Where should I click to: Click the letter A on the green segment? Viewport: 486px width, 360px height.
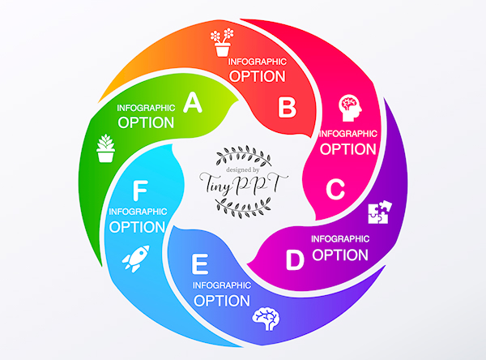192,102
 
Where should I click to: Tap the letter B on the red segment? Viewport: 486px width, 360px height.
288,106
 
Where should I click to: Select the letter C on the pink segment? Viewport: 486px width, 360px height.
336,190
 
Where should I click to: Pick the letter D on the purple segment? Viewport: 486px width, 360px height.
295,259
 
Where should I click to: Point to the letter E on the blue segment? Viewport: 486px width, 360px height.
199,264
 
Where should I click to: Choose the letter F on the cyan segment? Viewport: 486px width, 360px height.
140,191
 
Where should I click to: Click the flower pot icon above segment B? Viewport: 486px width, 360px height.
222,43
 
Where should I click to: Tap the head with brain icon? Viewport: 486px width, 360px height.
350,106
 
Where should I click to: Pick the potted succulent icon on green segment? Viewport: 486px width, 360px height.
104,148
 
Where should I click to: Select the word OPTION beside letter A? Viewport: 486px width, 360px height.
146,123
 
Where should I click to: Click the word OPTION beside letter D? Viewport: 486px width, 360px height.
340,255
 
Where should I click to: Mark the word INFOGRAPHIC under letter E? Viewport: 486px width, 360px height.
221,285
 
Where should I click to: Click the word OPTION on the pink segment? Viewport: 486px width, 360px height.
348,149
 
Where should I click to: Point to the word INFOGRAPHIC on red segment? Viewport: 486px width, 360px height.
257,61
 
